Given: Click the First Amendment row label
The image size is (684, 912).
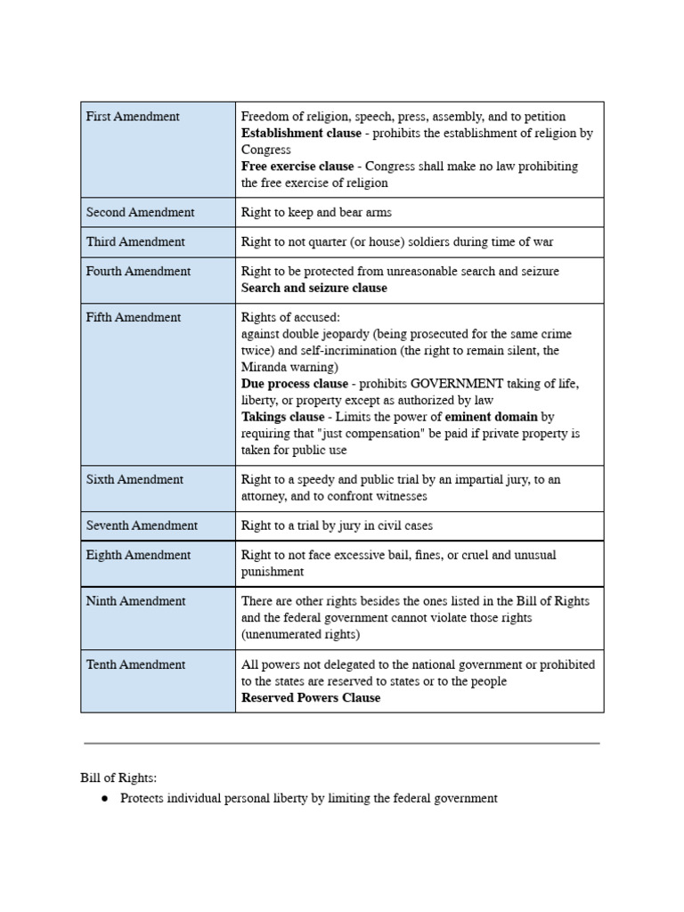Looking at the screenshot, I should pyautogui.click(x=133, y=117).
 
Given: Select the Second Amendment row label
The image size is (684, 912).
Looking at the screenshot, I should pyautogui.click(x=140, y=213).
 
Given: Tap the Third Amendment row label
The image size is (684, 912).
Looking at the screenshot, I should pyautogui.click(x=135, y=242).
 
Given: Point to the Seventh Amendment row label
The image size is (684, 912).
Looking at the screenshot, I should pyautogui.click(x=142, y=525).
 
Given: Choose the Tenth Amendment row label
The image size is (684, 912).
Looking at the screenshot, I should pyautogui.click(x=135, y=664).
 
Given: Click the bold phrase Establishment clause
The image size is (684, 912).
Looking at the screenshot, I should pyautogui.click(x=301, y=134).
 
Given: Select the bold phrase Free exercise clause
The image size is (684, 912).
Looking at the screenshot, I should pyautogui.click(x=297, y=167).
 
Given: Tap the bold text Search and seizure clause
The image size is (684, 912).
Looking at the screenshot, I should pyautogui.click(x=314, y=289).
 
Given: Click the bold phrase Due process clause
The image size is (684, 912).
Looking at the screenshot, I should pyautogui.click(x=295, y=384).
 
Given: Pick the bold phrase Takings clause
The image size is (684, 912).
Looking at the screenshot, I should pyautogui.click(x=283, y=417).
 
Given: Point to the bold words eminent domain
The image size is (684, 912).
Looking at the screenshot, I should pyautogui.click(x=491, y=417).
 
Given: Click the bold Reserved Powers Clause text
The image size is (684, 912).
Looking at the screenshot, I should pyautogui.click(x=311, y=698).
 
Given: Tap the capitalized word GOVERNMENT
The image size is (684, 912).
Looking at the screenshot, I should pyautogui.click(x=432, y=384).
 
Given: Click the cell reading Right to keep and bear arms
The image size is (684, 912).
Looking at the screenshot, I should pyautogui.click(x=316, y=213).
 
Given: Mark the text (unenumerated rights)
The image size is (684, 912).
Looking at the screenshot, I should pyautogui.click(x=300, y=635).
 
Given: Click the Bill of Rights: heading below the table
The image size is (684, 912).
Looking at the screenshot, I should pyautogui.click(x=118, y=778).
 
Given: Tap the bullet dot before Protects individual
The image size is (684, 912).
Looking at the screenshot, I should pyautogui.click(x=104, y=799).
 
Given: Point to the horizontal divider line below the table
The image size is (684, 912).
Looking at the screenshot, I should pyautogui.click(x=342, y=743).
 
